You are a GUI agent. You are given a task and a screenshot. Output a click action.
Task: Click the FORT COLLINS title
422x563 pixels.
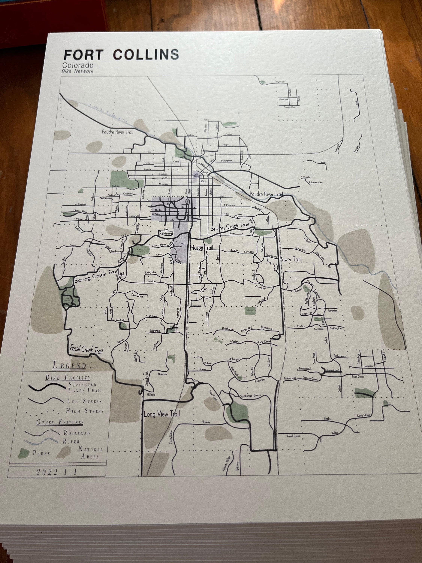121,55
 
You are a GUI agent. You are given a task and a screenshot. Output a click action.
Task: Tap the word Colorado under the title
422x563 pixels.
78,65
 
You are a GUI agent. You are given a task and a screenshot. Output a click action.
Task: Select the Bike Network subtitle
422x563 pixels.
77,71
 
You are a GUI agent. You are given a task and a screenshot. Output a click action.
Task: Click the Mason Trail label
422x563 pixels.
202,247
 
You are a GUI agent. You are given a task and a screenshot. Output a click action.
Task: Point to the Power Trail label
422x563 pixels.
291,259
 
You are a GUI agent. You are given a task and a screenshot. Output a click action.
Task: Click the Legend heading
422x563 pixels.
69,365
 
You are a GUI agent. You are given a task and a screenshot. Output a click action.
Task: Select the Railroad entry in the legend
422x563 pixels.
77,433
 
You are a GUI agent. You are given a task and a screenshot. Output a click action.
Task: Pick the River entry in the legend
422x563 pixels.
71,441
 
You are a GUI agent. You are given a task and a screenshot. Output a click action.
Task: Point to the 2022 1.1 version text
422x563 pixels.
56,472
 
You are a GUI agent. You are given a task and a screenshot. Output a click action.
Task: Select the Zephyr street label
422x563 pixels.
328,418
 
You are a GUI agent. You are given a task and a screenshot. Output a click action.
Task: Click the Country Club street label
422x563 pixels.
289,107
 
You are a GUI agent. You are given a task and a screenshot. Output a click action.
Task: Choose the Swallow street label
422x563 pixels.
152,281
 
